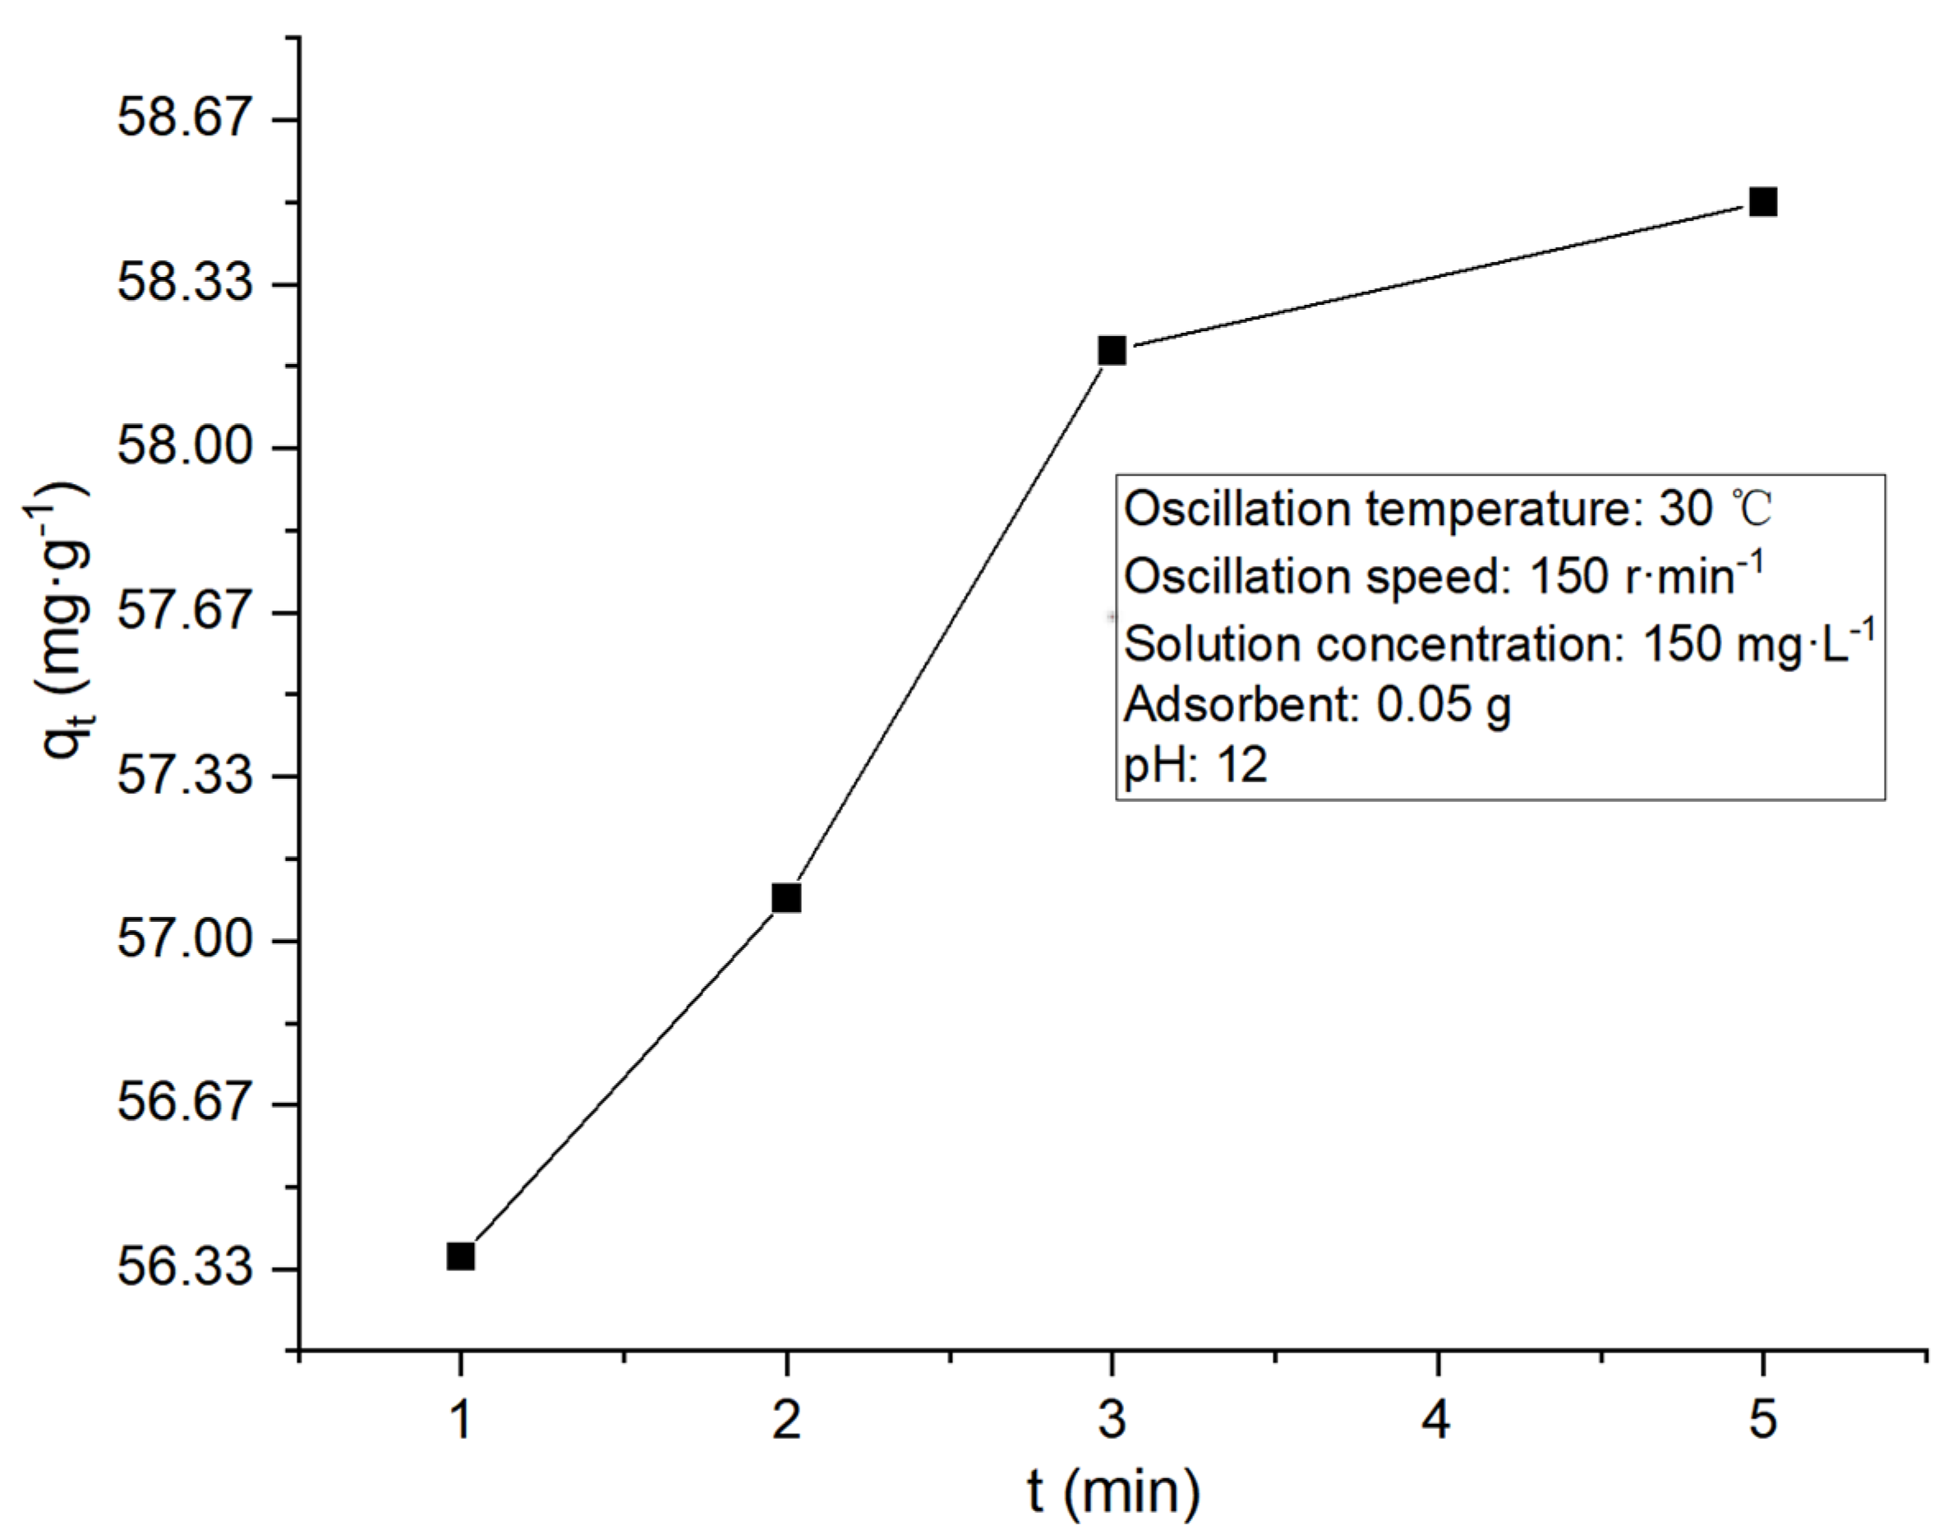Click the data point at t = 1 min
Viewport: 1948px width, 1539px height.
pos(460,1256)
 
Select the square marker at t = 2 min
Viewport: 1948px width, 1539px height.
pos(786,898)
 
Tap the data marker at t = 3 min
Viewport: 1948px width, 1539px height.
pos(1112,351)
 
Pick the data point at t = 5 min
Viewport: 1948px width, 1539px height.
pos(1763,202)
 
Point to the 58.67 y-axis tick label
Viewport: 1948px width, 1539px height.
pos(184,118)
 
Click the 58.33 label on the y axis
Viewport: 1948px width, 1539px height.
pos(184,283)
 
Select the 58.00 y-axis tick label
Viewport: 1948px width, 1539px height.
pos(184,447)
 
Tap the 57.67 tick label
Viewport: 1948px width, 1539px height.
pos(184,612)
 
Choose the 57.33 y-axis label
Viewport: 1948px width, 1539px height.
pos(184,776)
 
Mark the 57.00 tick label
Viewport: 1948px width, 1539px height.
pos(184,940)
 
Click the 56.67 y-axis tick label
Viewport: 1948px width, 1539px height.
pos(184,1103)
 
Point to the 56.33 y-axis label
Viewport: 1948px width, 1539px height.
pos(184,1268)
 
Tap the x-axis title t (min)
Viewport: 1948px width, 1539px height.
pos(1113,1492)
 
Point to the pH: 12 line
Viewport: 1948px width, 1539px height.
pos(1195,765)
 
